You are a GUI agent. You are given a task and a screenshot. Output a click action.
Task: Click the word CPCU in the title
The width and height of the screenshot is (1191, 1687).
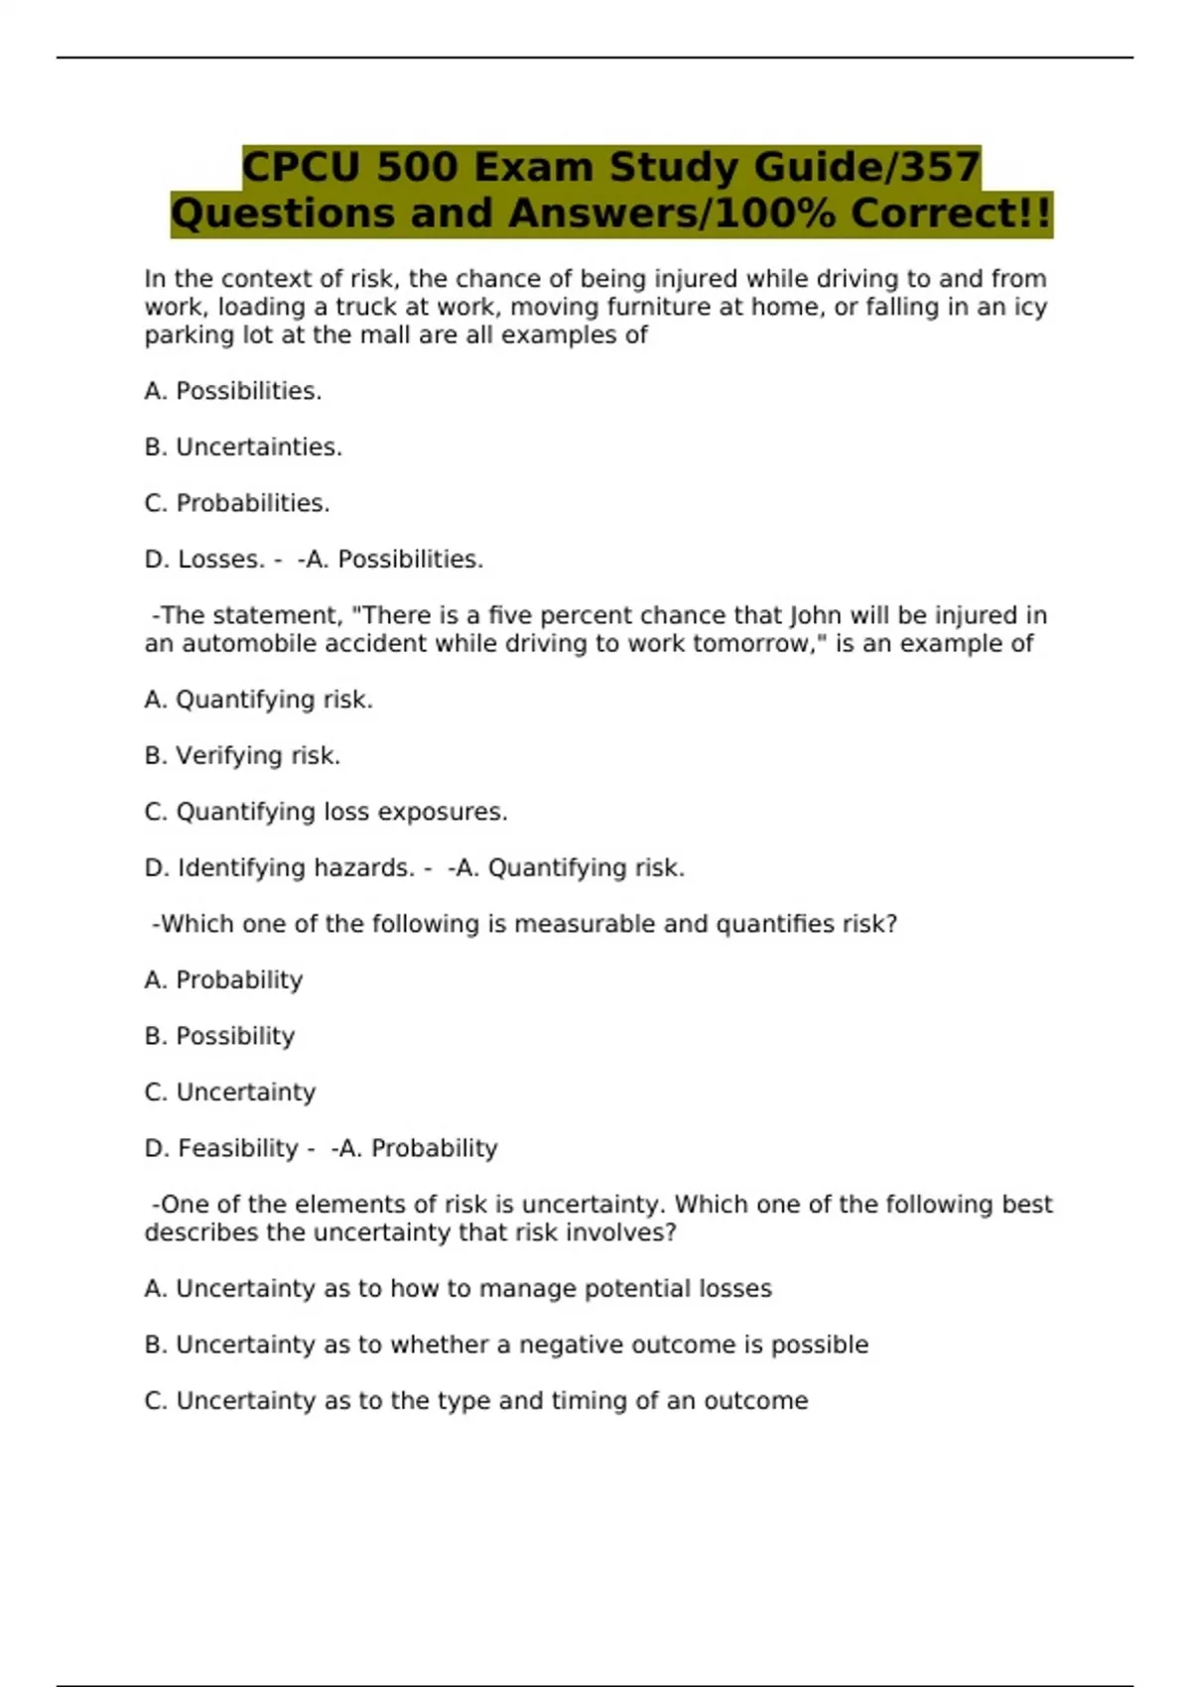click(301, 167)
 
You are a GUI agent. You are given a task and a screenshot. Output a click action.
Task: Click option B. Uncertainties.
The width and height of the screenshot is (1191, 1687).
click(243, 448)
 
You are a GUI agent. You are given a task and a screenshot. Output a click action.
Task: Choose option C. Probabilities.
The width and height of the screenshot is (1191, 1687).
click(237, 503)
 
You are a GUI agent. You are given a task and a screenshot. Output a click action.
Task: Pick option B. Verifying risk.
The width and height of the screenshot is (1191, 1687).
click(242, 756)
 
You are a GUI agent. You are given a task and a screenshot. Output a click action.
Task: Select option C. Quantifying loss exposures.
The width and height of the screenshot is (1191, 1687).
click(326, 812)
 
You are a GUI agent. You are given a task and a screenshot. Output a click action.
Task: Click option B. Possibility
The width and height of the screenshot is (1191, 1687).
click(219, 1036)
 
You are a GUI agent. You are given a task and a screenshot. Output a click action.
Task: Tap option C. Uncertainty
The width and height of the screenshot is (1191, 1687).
click(230, 1093)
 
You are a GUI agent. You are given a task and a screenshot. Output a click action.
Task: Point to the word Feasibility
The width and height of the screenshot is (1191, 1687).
click(237, 1148)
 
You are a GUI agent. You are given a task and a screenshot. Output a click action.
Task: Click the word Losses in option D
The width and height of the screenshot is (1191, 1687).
click(220, 560)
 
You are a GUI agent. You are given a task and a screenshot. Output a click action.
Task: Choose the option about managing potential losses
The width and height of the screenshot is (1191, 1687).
click(458, 1289)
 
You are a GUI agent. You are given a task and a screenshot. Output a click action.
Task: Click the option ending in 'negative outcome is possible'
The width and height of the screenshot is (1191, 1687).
click(506, 1345)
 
